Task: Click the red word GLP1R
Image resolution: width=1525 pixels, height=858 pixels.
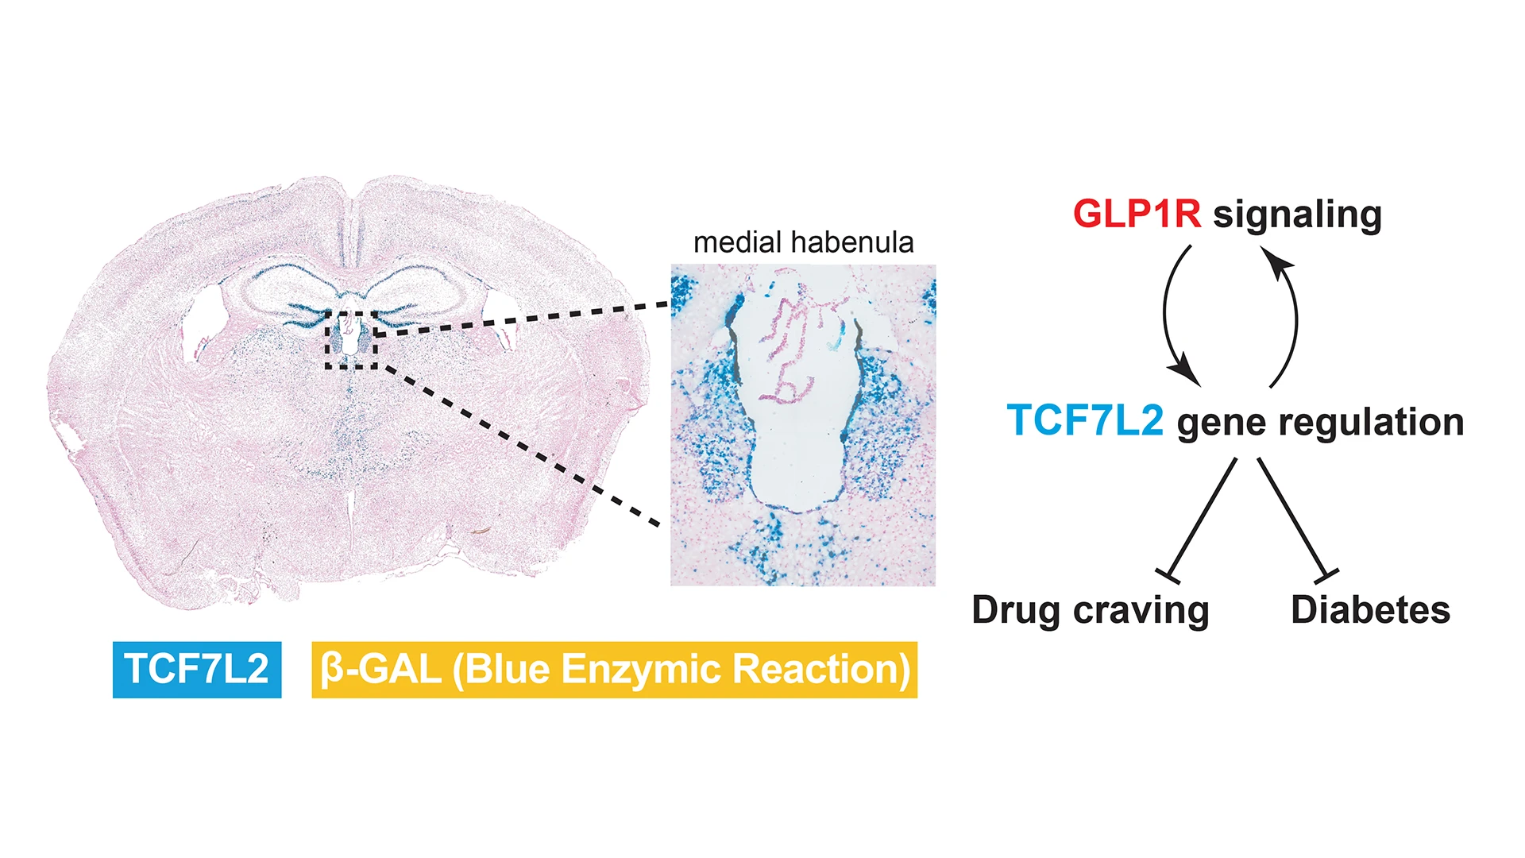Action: click(1137, 214)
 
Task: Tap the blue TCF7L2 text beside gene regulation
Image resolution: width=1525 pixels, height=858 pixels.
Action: click(1085, 421)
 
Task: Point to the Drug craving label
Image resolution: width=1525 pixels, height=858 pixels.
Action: click(1091, 611)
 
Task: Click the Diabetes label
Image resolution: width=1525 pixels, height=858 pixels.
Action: click(1370, 610)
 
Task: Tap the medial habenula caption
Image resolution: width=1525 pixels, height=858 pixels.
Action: click(803, 243)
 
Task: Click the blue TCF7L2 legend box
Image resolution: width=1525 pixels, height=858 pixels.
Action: click(197, 669)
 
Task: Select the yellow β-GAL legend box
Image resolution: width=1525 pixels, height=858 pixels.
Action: click(614, 670)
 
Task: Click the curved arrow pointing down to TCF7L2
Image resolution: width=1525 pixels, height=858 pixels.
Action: click(1170, 318)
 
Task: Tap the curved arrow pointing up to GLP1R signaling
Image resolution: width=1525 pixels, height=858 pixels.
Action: click(1291, 318)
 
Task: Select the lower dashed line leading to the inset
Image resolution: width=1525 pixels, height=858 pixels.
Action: click(524, 445)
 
